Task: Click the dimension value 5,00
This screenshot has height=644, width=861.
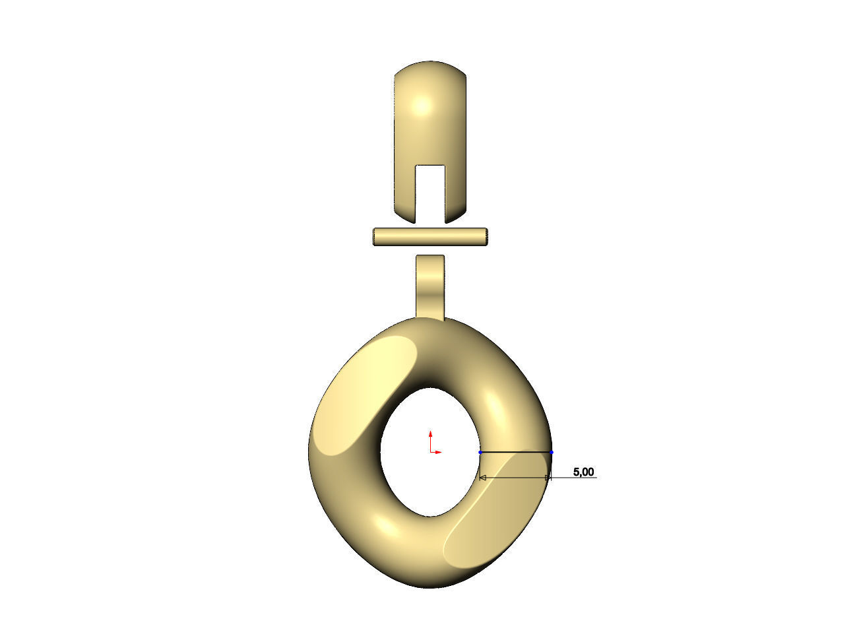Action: pos(583,472)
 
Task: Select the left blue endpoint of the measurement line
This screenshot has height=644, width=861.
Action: pos(480,452)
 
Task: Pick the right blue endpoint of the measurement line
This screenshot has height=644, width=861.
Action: pos(552,452)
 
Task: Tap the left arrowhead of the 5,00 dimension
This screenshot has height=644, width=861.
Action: pos(483,477)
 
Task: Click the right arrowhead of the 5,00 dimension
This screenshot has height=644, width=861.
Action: pos(546,477)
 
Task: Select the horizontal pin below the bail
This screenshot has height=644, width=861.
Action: pos(430,236)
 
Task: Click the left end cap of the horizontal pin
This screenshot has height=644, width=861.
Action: pos(375,236)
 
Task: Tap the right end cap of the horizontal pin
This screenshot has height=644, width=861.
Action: pos(486,236)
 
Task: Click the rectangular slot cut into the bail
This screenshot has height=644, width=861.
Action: pos(430,191)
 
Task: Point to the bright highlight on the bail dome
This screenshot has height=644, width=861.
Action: pos(422,106)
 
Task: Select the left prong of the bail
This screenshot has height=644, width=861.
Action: pos(404,191)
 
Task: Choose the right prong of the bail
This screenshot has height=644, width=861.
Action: pos(457,191)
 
